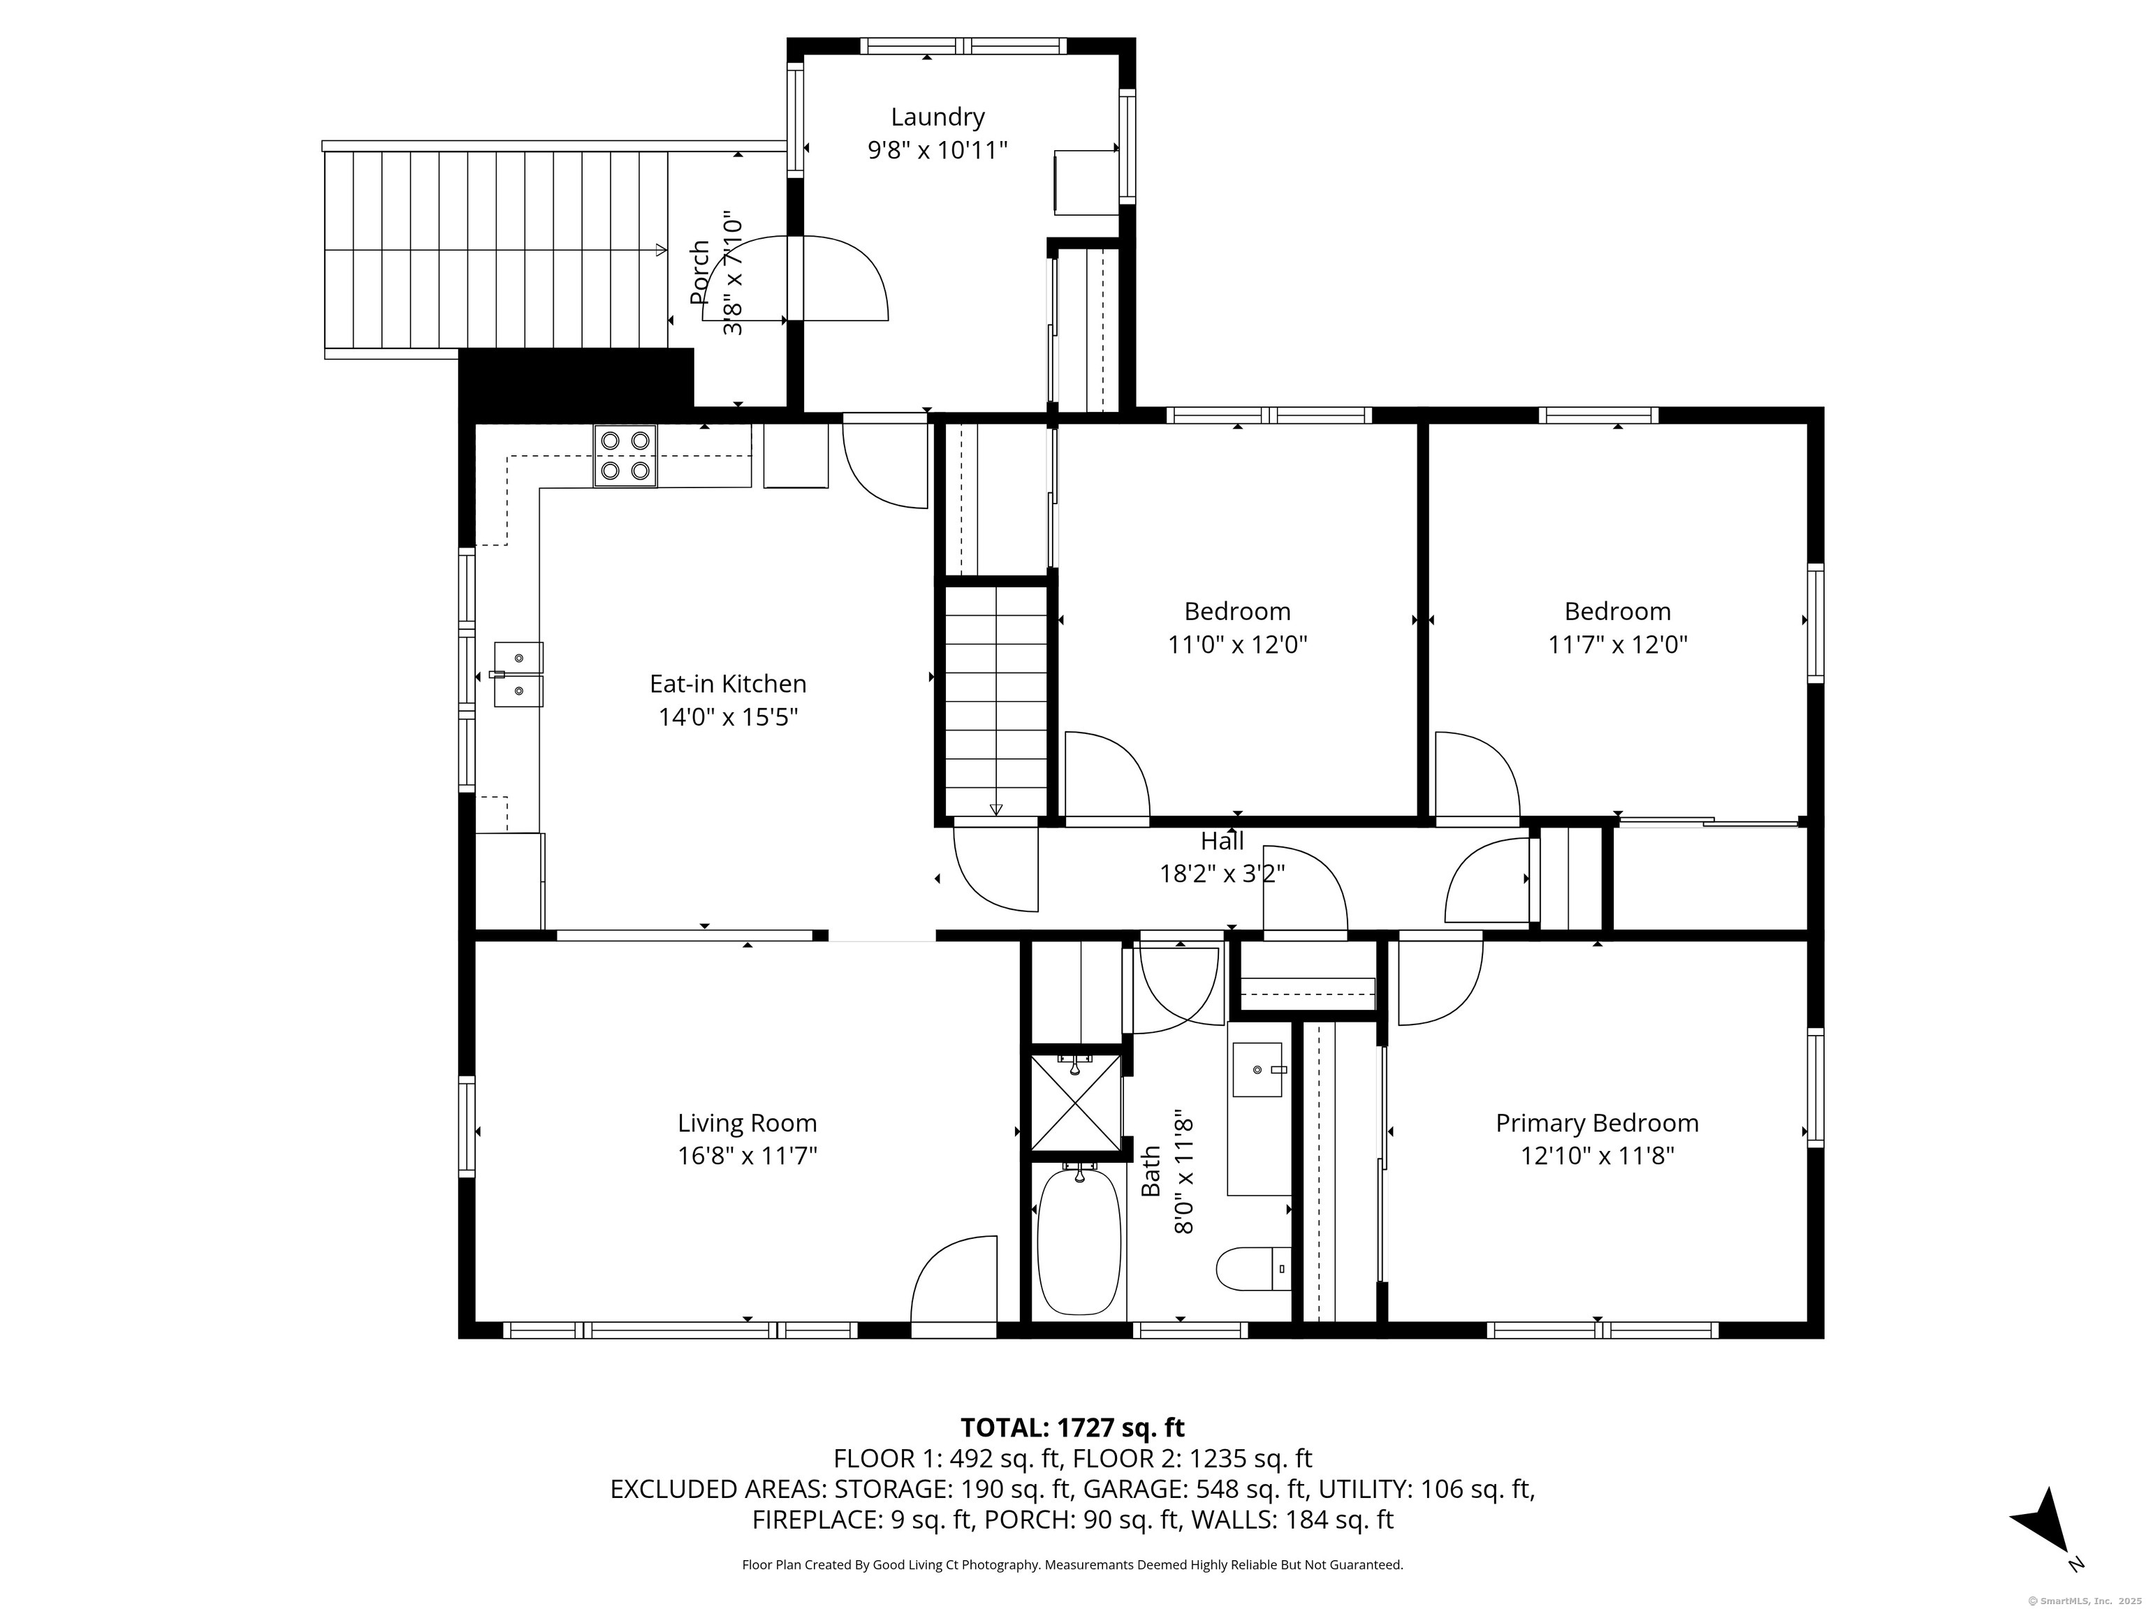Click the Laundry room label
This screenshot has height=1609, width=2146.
click(937, 117)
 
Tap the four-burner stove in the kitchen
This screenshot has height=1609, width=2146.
click(625, 456)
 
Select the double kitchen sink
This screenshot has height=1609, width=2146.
click(518, 674)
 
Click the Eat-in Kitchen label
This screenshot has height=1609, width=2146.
click(728, 684)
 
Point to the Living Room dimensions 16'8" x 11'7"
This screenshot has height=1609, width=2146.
click(747, 1156)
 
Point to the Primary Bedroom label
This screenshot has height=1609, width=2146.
click(1597, 1123)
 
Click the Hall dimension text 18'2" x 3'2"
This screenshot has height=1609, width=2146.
click(1222, 874)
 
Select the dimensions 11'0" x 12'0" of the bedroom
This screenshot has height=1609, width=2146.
click(1237, 645)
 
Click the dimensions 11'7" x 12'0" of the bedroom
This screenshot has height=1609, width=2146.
click(1617, 645)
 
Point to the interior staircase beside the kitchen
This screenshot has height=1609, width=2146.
click(996, 700)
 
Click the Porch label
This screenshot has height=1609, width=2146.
click(699, 274)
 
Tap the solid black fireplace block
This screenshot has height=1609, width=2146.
click(576, 379)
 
